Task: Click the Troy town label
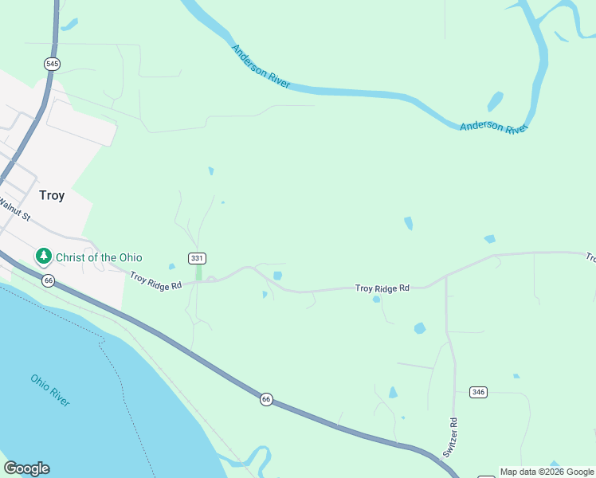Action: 52,195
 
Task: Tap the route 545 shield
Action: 53,64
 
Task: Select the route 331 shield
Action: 198,258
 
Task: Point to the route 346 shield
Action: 478,392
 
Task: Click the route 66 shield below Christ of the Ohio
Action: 49,280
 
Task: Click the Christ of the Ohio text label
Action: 99,257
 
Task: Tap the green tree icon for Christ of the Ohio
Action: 43,257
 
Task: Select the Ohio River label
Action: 50,390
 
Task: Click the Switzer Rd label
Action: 451,437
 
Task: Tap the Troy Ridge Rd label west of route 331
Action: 156,280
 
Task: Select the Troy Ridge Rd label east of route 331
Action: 382,288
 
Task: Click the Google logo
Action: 26,468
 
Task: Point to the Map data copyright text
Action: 547,472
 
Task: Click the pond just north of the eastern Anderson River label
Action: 495,102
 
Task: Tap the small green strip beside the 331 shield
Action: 198,272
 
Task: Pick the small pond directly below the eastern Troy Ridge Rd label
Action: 376,300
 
